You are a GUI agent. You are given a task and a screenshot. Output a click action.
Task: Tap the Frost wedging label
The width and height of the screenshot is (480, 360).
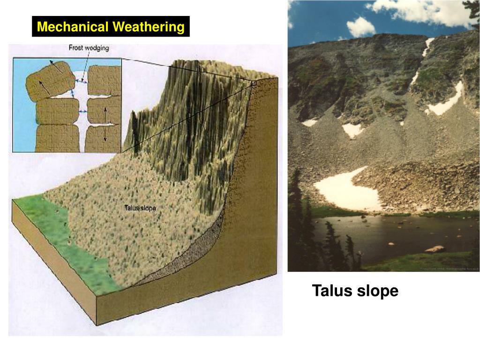pos(89,48)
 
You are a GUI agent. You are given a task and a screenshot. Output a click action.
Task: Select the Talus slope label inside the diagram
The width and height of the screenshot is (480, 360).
pos(141,208)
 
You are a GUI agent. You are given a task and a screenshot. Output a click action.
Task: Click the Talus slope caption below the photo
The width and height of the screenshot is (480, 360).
pos(355,291)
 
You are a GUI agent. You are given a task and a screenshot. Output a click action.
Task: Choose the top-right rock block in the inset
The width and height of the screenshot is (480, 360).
pos(104,80)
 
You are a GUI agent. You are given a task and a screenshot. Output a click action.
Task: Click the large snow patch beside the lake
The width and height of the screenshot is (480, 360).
pos(345,190)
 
